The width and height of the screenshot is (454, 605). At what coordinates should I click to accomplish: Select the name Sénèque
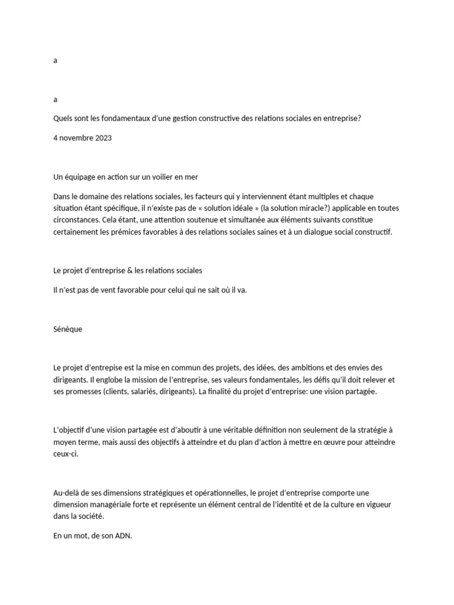(x=67, y=329)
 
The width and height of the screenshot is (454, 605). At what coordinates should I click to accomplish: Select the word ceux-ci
(x=65, y=454)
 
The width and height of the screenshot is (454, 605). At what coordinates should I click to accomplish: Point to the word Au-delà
(x=67, y=492)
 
